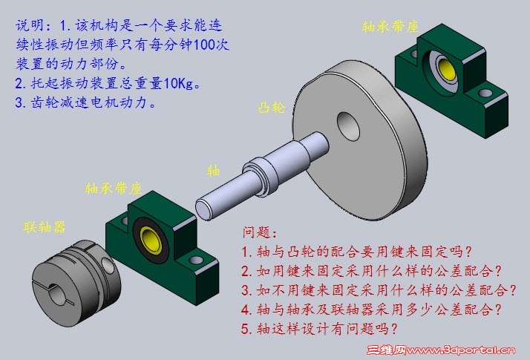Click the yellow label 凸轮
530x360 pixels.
(271, 108)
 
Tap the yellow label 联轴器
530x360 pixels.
(45, 227)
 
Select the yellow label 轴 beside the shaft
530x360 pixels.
(213, 171)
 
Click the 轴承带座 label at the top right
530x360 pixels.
(390, 27)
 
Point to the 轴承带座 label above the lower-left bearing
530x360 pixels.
(114, 189)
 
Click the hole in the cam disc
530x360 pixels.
(348, 126)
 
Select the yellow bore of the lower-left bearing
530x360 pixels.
(151, 240)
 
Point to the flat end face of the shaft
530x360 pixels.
(204, 210)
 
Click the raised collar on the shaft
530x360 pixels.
(261, 177)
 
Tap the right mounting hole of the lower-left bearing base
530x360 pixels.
(196, 260)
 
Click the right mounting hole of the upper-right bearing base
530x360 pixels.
(485, 92)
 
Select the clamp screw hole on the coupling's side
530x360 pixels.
(108, 266)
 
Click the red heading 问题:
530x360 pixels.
(260, 232)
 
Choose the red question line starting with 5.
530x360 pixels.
(319, 328)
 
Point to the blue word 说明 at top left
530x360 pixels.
(30, 25)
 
